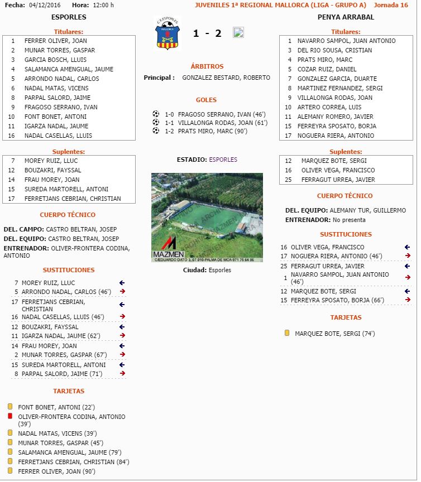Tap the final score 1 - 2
tap(207, 33)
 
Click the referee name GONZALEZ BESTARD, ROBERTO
tap(226, 78)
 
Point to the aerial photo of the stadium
tap(207, 217)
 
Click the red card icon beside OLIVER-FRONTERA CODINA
tap(10, 416)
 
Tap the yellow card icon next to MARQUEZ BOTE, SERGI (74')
tap(287, 333)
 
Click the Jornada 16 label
tap(391, 5)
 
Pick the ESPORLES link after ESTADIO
tap(223, 160)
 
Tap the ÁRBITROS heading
tap(207, 66)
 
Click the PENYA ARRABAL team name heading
tap(346, 17)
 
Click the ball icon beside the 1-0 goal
tap(156, 113)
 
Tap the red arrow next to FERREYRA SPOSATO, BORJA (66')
tap(408, 300)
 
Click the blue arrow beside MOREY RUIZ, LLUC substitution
tap(122, 283)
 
